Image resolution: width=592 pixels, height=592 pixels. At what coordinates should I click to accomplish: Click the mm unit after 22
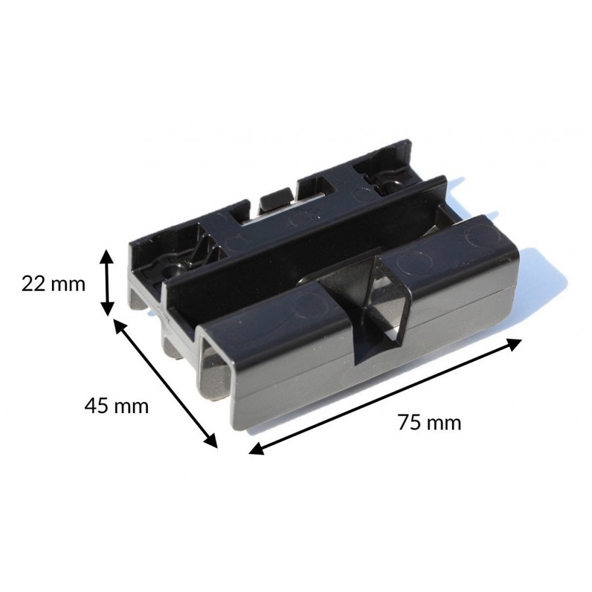point(68,285)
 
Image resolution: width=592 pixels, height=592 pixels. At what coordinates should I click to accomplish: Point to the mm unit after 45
point(132,408)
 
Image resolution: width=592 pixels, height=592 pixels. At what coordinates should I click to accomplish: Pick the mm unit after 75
point(445,424)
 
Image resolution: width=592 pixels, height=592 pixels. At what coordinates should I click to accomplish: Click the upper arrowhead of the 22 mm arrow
point(108,257)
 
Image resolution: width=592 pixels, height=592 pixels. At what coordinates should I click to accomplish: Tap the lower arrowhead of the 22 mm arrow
point(108,308)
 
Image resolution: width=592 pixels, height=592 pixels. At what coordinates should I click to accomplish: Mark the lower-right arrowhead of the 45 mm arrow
point(210,440)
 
